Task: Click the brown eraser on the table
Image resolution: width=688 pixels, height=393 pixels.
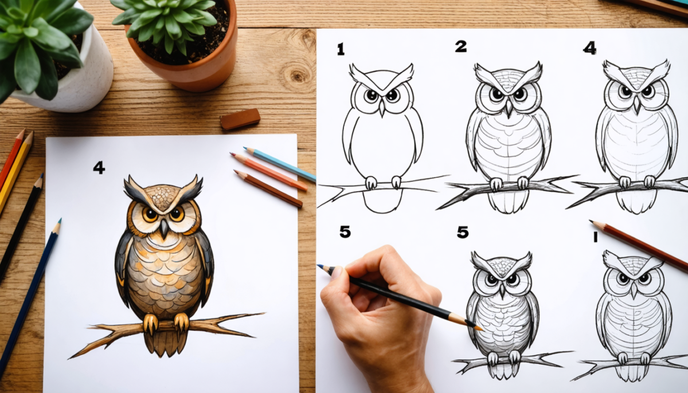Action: pos(240,119)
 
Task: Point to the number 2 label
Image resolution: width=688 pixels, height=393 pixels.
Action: pos(460,46)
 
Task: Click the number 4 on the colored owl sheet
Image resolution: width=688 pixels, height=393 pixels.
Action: pos(99,167)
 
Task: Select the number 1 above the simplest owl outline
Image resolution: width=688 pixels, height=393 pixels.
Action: pos(341,49)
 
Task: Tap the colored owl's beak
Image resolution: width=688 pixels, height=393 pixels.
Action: pos(164,229)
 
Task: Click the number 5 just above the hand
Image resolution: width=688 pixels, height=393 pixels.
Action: pos(345,232)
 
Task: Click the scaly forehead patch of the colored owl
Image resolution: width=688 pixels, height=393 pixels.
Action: pos(164,198)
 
